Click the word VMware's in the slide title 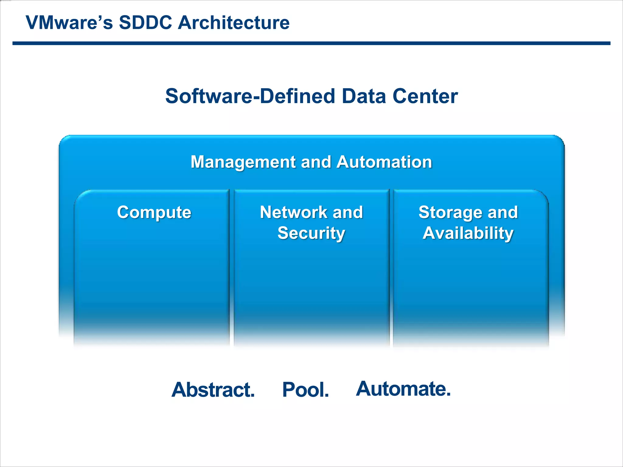tap(69, 22)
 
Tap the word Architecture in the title tap(234, 22)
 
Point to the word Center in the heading tap(425, 96)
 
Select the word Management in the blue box tap(243, 162)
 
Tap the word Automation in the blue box tap(384, 162)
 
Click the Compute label tap(154, 212)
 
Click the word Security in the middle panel tap(311, 233)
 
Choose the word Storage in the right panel tap(450, 212)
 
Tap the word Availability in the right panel tap(468, 233)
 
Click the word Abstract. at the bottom tap(213, 390)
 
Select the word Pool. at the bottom tap(305, 390)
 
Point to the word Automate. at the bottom tap(403, 389)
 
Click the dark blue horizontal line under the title tap(311, 43)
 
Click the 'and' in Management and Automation tap(316, 162)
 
